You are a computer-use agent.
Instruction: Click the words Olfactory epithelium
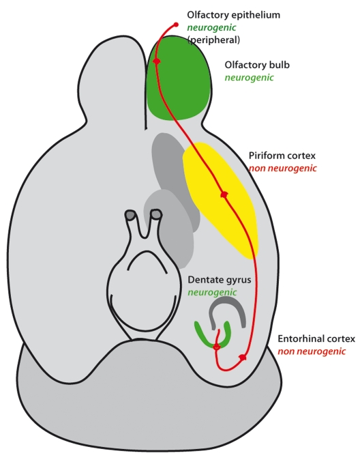[233, 15]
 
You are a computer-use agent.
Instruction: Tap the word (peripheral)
[213, 40]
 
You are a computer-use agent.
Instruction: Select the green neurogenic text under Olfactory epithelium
[211, 28]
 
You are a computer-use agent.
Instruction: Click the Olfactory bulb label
[257, 65]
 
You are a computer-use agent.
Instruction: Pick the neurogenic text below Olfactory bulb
[249, 78]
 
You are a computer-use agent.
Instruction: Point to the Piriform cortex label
[282, 156]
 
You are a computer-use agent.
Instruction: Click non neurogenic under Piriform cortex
[282, 169]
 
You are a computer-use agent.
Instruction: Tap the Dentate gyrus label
[220, 280]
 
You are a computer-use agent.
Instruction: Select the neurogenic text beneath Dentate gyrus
[212, 293]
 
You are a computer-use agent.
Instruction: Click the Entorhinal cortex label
[316, 339]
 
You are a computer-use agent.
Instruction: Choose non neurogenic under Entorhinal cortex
[312, 351]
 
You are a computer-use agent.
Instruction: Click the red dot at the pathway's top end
[176, 25]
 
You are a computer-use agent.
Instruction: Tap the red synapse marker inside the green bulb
[156, 61]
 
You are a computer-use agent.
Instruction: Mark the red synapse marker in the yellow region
[224, 194]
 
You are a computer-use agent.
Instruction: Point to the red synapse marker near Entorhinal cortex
[243, 358]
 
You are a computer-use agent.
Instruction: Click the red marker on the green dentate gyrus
[216, 347]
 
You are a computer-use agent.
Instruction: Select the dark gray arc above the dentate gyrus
[226, 301]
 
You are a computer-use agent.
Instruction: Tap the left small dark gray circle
[130, 215]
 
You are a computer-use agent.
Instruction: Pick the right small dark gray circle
[156, 214]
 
